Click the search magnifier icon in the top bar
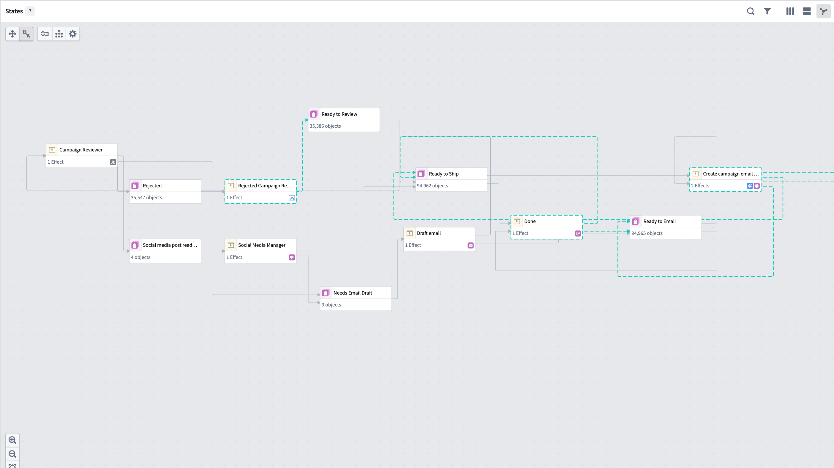pyautogui.click(x=751, y=11)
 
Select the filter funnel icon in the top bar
pyautogui.click(x=767, y=11)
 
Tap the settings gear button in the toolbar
pyautogui.click(x=73, y=34)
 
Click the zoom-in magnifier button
pyautogui.click(x=12, y=440)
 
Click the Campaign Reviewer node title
pyautogui.click(x=81, y=150)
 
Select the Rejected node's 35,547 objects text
pyautogui.click(x=146, y=197)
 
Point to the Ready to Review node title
pyautogui.click(x=339, y=114)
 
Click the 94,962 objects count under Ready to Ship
pyautogui.click(x=432, y=186)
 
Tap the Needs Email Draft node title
pyautogui.click(x=353, y=293)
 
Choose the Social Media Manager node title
pyautogui.click(x=262, y=245)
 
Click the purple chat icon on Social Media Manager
pyautogui.click(x=292, y=257)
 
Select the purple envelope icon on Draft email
pyautogui.click(x=470, y=245)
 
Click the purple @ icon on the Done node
pyautogui.click(x=578, y=233)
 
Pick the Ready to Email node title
pyautogui.click(x=659, y=221)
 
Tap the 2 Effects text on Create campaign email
pyautogui.click(x=700, y=186)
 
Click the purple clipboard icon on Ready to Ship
pyautogui.click(x=421, y=174)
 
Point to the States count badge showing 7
pyautogui.click(x=30, y=11)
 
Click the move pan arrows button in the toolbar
pyautogui.click(x=12, y=34)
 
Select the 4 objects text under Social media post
pyautogui.click(x=140, y=257)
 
